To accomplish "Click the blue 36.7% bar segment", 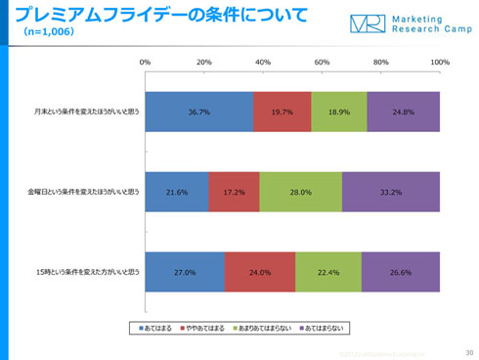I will tap(199, 112).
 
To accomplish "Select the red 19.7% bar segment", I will tap(283, 112).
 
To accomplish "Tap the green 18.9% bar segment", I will tap(339, 112).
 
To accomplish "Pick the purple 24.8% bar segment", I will tap(404, 112).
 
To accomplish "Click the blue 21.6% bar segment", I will tap(177, 192).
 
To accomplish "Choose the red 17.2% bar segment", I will tap(235, 192).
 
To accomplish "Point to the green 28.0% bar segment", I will tap(301, 192).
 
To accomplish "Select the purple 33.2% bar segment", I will tap(391, 192).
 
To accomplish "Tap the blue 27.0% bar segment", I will tap(185, 272).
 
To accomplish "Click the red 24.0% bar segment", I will tap(260, 272).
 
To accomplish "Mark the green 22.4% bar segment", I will tap(328, 272).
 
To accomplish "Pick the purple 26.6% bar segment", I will tap(401, 272).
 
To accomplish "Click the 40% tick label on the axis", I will tap(263, 62).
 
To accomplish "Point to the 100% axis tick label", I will tap(439, 62).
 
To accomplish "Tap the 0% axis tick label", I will tap(146, 62).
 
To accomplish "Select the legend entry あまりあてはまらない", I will tap(260, 326).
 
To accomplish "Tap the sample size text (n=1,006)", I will tap(40, 31).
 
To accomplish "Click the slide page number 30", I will tap(469, 351).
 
